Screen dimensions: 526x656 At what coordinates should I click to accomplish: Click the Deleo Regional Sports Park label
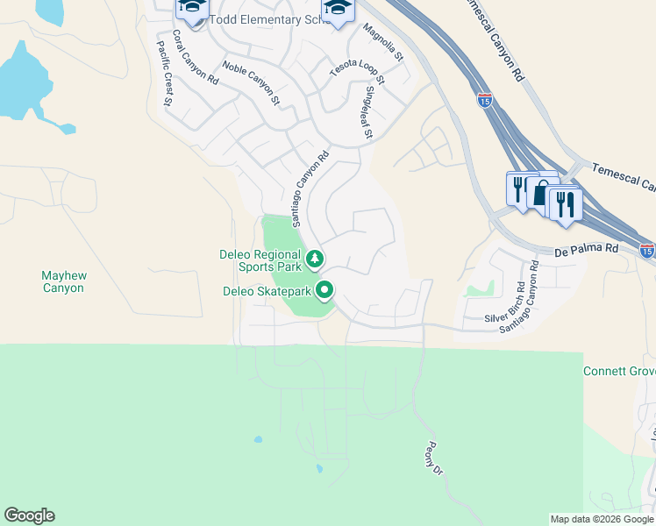pos(260,261)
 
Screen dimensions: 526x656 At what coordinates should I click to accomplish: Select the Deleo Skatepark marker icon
pos(325,289)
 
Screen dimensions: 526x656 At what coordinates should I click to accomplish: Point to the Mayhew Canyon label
pos(63,281)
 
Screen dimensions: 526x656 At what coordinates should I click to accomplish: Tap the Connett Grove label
pos(619,372)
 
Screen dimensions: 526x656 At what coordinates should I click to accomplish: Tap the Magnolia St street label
pos(382,44)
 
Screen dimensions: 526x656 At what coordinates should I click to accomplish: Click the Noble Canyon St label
pos(251,83)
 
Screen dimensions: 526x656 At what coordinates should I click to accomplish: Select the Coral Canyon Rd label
pos(195,57)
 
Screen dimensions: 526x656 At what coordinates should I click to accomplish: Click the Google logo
pos(29,515)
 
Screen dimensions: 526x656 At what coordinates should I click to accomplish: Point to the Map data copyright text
pos(602,519)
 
